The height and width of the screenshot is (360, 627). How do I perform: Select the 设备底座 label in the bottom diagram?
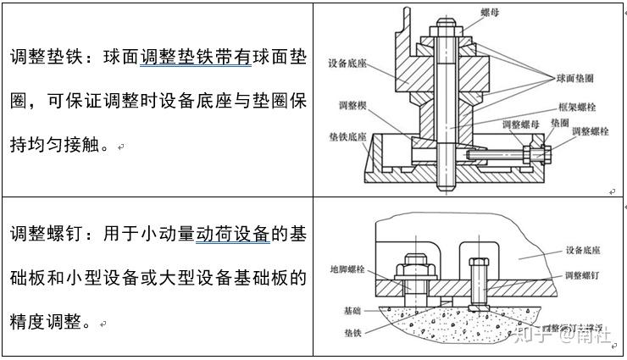pos(585,252)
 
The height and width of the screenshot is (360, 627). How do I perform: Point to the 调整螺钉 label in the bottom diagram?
pos(584,275)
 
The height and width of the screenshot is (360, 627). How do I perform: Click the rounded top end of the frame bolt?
pos(447,18)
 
